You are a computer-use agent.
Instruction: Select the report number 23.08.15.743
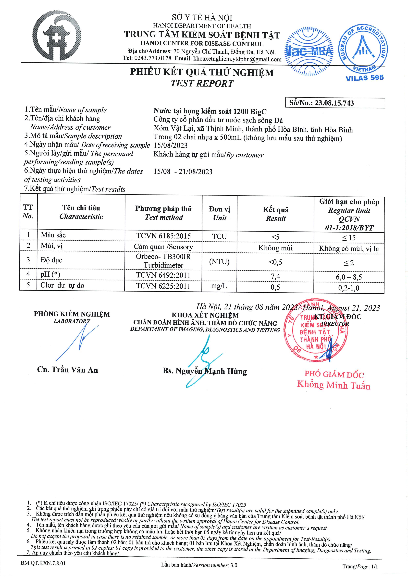[x=334, y=103]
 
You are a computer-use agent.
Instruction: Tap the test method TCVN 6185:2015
[x=163, y=236]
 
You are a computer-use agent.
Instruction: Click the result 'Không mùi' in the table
[x=275, y=248]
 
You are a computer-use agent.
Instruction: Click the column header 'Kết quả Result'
[x=275, y=214]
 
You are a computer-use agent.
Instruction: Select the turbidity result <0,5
[x=275, y=262]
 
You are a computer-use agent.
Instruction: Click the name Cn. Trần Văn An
[x=67, y=370]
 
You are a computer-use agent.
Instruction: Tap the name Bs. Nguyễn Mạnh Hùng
[x=205, y=371]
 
